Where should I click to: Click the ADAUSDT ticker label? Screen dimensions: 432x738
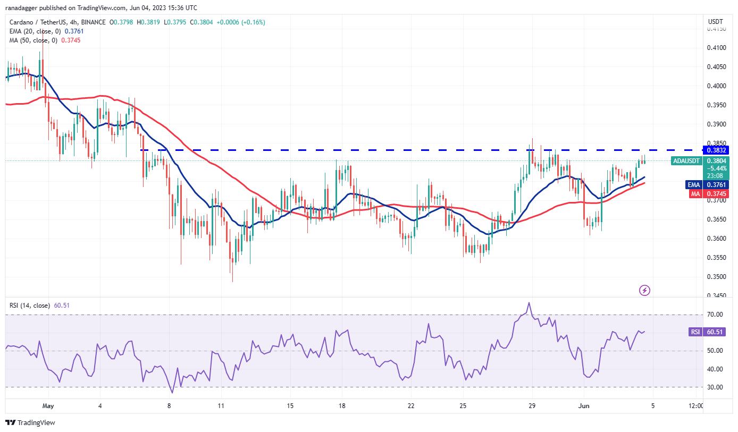(686, 160)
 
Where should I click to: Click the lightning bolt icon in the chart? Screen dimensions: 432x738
(644, 290)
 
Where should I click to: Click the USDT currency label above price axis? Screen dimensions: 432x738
(713, 22)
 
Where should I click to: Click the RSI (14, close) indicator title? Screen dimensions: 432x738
(29, 306)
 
